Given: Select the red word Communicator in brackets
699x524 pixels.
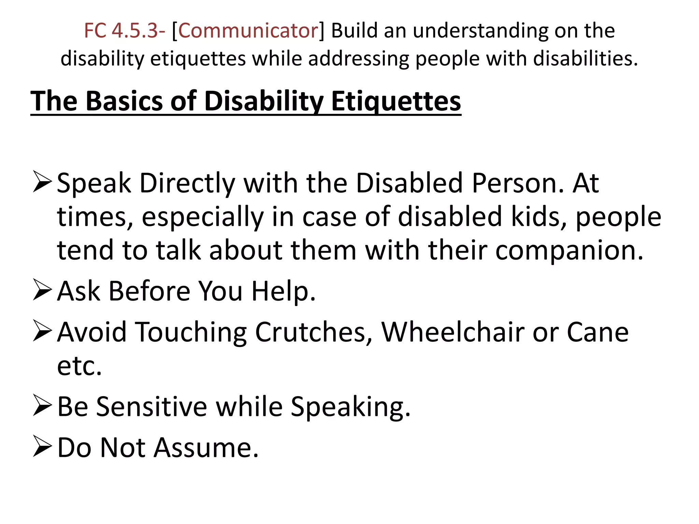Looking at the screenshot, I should (x=248, y=31).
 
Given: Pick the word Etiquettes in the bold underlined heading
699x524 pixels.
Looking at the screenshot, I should (x=396, y=102).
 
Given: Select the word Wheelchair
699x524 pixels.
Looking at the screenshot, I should (x=453, y=332).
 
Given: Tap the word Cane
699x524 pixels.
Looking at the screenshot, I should (x=597, y=332).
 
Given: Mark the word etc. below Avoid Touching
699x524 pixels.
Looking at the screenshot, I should (x=80, y=366).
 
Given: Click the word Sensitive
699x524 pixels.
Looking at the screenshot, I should (x=152, y=407).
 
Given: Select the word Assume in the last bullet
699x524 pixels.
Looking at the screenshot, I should (x=206, y=448).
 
